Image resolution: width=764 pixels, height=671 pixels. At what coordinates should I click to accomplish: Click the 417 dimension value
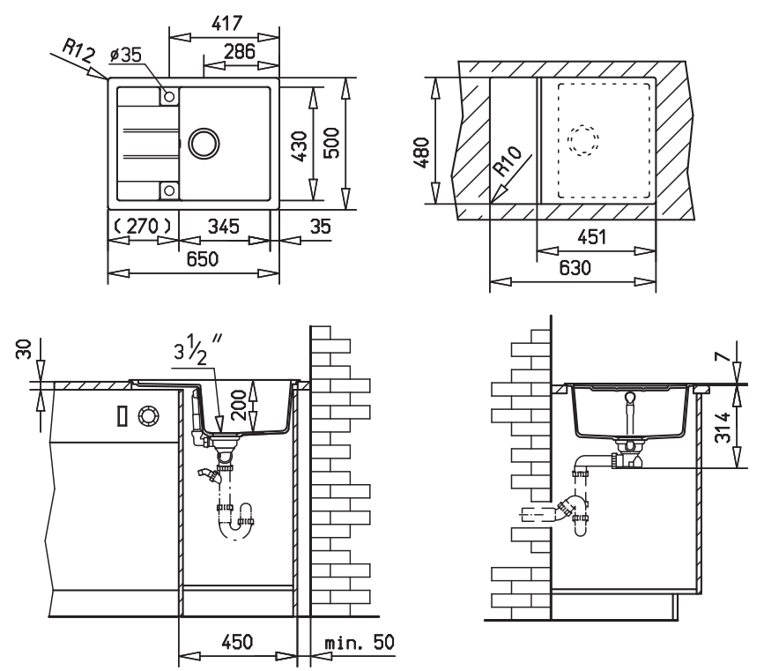(x=224, y=21)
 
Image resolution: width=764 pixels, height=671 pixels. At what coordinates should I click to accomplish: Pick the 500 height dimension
(x=331, y=145)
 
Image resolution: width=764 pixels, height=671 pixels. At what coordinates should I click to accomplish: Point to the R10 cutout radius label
(x=508, y=165)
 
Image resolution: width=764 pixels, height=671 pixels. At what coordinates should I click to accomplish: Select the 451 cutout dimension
(x=592, y=237)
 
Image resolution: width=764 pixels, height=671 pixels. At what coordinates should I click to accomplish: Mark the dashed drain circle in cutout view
(x=582, y=140)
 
